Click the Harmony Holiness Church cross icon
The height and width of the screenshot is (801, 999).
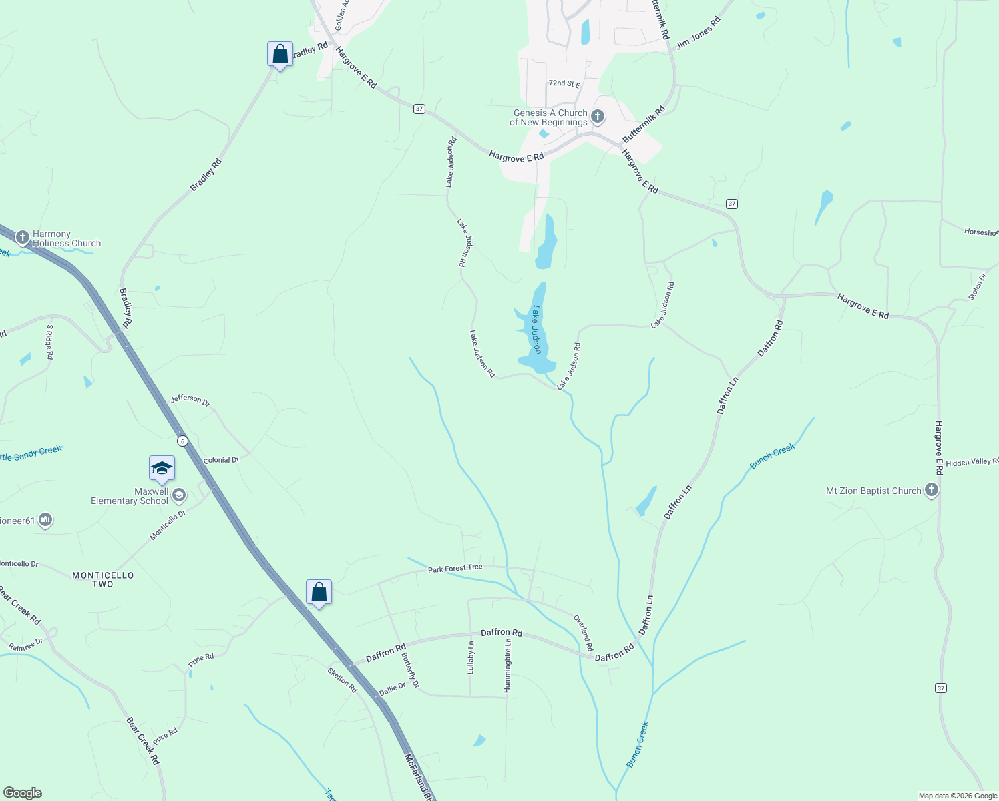tap(22, 237)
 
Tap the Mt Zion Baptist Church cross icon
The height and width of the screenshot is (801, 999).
tap(931, 491)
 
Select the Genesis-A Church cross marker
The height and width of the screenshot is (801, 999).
tap(598, 117)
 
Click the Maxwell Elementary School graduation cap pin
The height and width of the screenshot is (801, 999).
tap(162, 469)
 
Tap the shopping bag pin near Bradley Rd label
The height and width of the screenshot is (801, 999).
tap(280, 55)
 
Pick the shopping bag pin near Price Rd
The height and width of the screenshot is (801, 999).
tap(319, 593)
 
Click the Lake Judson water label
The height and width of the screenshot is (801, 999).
tap(536, 330)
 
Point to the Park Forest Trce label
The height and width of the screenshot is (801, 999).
tap(455, 569)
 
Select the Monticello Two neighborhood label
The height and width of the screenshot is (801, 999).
tap(103, 579)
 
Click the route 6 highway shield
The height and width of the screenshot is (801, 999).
tap(182, 441)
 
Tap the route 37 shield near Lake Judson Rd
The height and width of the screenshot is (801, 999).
tap(419, 109)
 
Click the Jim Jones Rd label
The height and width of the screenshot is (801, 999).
tap(698, 33)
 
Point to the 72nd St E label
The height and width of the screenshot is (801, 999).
tap(564, 84)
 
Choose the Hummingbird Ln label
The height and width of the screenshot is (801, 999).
tap(508, 665)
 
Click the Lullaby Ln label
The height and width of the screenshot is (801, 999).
tap(471, 657)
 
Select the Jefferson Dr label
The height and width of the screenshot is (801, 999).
tap(190, 400)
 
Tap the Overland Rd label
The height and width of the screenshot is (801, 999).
tap(583, 633)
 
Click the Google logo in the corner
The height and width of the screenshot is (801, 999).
tap(23, 793)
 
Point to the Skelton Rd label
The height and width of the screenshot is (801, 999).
tap(343, 680)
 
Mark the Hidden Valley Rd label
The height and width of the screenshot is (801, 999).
tap(972, 462)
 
